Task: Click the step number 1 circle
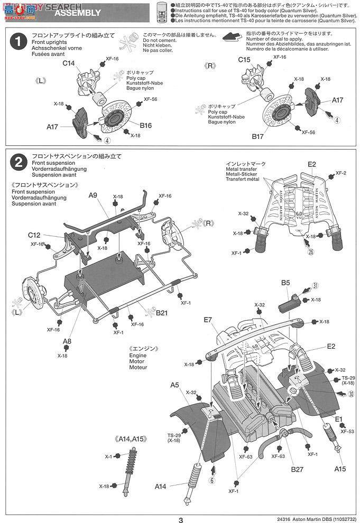(19, 42)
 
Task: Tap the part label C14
(69, 63)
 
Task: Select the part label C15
(244, 60)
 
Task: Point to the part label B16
(146, 126)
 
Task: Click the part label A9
(93, 195)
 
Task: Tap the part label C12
(35, 235)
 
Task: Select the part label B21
(162, 313)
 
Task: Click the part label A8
(67, 341)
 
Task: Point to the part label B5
(285, 283)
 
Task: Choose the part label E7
(207, 320)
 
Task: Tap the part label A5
(175, 386)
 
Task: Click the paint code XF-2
(341, 173)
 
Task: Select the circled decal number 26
(311, 251)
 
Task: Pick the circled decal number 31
(315, 286)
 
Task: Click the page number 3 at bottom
(180, 519)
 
